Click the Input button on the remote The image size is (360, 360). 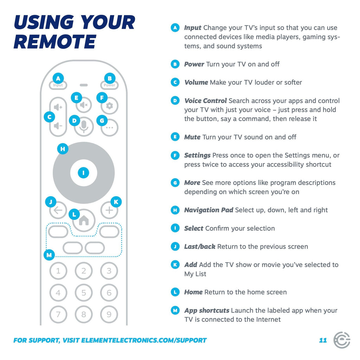click(58, 85)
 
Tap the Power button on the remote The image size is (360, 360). click(109, 85)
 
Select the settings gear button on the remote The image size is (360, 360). click(110, 106)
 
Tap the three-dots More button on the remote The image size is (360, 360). click(110, 128)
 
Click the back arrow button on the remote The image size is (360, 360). click(58, 211)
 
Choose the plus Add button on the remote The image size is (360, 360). click(109, 211)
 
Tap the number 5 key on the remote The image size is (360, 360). click(84, 292)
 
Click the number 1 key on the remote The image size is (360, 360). click(58, 271)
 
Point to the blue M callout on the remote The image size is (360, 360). click(49, 255)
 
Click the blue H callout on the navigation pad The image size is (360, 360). click(63, 149)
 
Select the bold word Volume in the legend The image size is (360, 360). click(196, 83)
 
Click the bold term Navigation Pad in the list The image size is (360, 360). click(208, 210)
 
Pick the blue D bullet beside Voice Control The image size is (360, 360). click(175, 101)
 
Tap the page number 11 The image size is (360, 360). click(323, 340)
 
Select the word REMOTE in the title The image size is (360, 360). click(54, 41)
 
